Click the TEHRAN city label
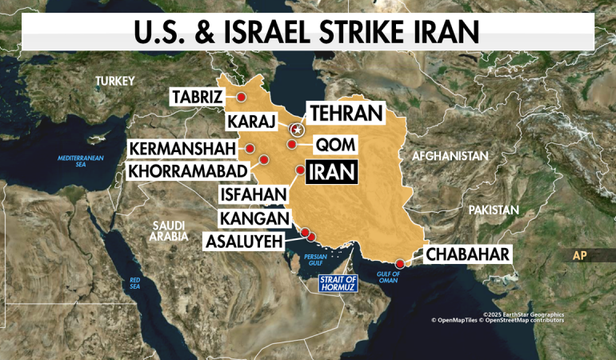point(346,114)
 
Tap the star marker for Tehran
point(296,129)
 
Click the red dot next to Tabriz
point(240,97)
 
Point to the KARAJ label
point(251,122)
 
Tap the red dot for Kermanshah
point(250,149)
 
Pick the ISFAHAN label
point(252,194)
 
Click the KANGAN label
point(256,218)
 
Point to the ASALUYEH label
point(242,240)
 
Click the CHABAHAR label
point(467,255)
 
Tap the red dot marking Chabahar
point(399,263)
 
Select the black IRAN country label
point(331,171)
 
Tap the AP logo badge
point(582,256)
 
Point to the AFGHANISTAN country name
point(450,156)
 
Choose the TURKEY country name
point(115,81)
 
